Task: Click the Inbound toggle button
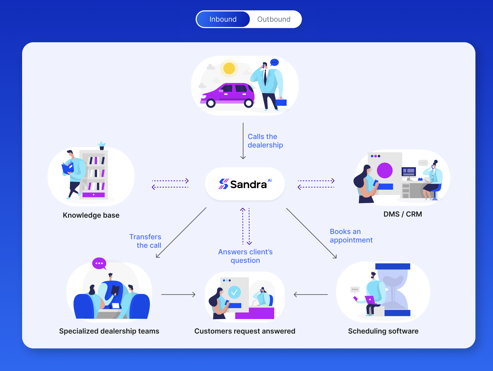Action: pyautogui.click(x=223, y=19)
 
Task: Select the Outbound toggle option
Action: pyautogui.click(x=274, y=19)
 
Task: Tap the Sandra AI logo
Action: pyautogui.click(x=245, y=184)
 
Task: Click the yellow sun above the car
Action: pyautogui.click(x=229, y=68)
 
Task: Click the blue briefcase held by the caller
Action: pyautogui.click(x=281, y=102)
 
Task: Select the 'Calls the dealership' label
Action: pyautogui.click(x=265, y=141)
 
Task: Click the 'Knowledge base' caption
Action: pyautogui.click(x=91, y=215)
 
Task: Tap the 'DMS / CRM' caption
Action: pyautogui.click(x=403, y=214)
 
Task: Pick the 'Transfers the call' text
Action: pyautogui.click(x=145, y=241)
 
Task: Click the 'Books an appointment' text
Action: pyautogui.click(x=351, y=236)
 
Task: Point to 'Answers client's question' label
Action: pyautogui.click(x=245, y=256)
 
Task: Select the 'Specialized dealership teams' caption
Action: pyautogui.click(x=109, y=331)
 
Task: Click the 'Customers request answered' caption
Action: pyautogui.click(x=245, y=331)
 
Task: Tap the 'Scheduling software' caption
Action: pyautogui.click(x=383, y=331)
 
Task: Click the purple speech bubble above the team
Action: pyautogui.click(x=99, y=263)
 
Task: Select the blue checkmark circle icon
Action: pyautogui.click(x=234, y=292)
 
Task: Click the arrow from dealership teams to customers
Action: pyautogui.click(x=178, y=295)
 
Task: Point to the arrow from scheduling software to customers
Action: pyautogui.click(x=311, y=295)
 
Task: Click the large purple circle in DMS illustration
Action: pyautogui.click(x=385, y=170)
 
